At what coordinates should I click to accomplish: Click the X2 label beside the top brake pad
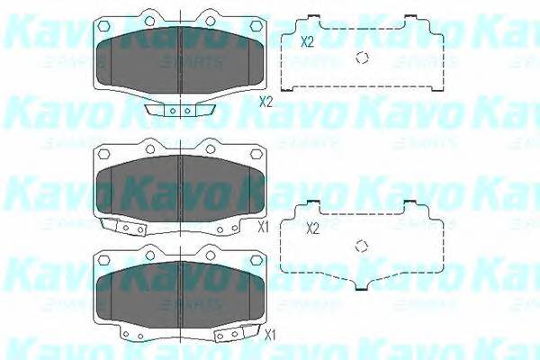click(265, 102)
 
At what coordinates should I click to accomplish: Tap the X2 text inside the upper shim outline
click(307, 41)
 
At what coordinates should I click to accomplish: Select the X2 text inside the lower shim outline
click(312, 229)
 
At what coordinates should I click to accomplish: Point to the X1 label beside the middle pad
click(264, 226)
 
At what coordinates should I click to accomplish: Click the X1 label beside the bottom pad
click(269, 335)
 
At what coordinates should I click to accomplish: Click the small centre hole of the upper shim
click(363, 58)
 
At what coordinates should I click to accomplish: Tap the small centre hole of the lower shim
click(363, 247)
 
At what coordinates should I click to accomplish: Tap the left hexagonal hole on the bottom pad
click(103, 262)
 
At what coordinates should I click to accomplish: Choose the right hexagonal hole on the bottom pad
click(258, 262)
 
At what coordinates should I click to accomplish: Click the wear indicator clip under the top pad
click(180, 111)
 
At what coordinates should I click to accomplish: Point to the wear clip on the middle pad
click(124, 228)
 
